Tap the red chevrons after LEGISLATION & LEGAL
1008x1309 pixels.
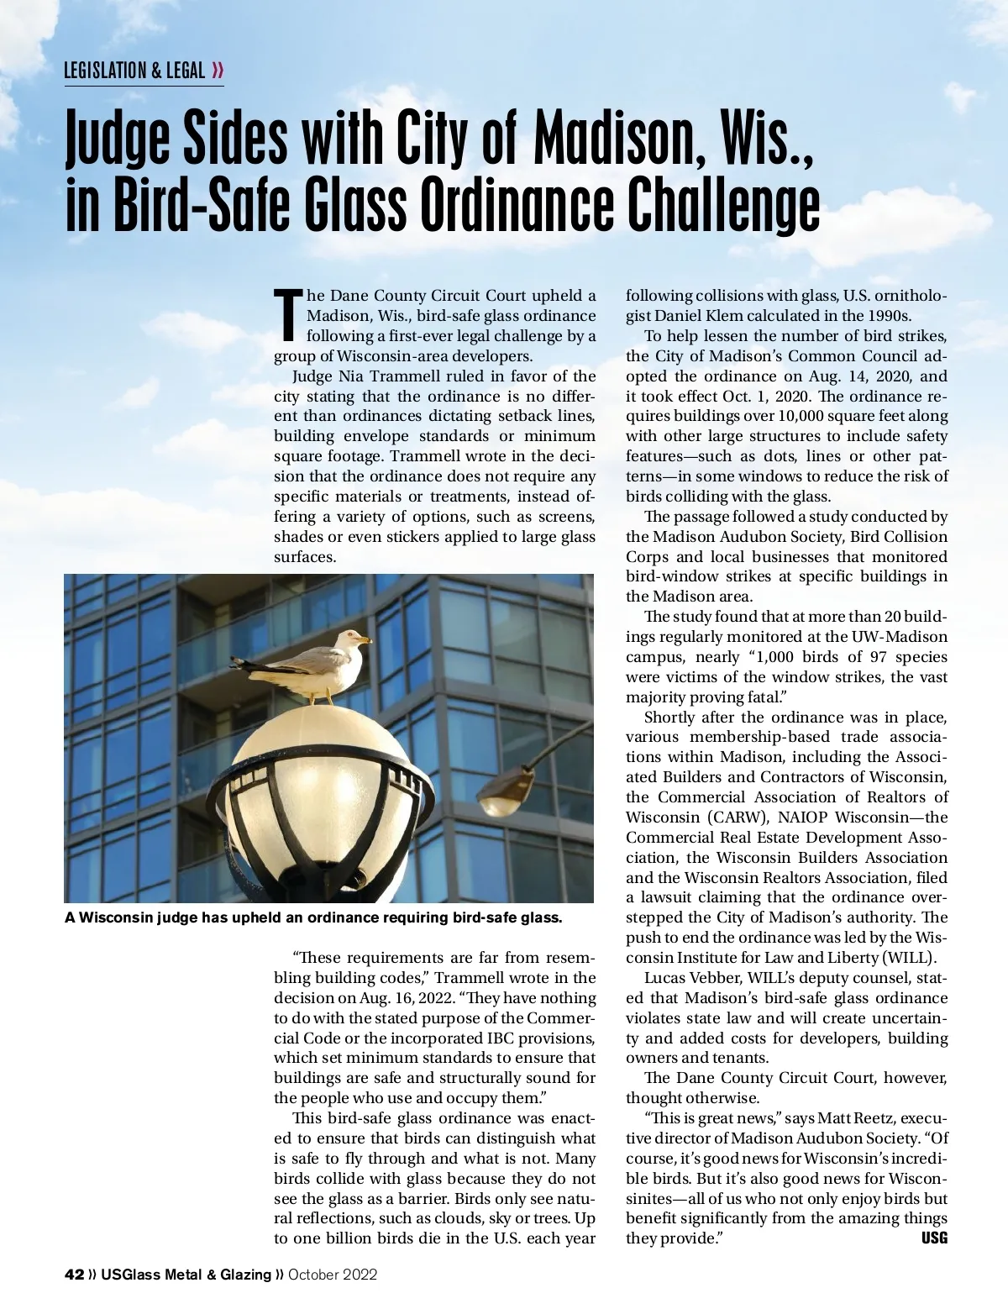coord(218,71)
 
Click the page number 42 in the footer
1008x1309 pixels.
coord(74,1275)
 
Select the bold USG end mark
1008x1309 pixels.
coord(934,1238)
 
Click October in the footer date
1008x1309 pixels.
coord(314,1275)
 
